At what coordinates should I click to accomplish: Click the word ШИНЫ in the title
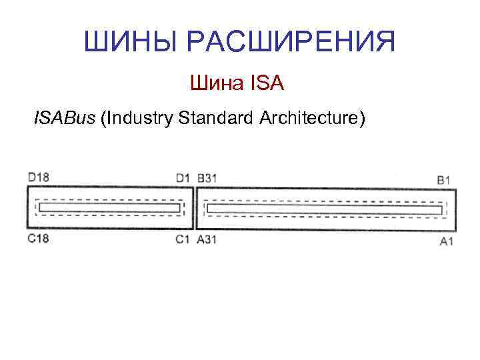pyautogui.click(x=131, y=41)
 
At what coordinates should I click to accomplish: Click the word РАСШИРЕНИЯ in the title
pyautogui.click(x=291, y=41)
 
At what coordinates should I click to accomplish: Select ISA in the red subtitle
pyautogui.click(x=267, y=85)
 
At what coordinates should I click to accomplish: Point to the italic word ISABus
pyautogui.click(x=64, y=119)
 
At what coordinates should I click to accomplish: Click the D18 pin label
pyautogui.click(x=39, y=177)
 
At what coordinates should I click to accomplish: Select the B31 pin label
pyautogui.click(x=207, y=178)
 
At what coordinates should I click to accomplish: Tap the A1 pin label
pyautogui.click(x=446, y=241)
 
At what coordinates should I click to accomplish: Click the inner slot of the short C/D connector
pyautogui.click(x=109, y=208)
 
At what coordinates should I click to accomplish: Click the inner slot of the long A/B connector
pyautogui.click(x=325, y=209)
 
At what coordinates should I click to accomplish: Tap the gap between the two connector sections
pyautogui.click(x=195, y=209)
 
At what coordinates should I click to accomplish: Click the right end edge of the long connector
pyautogui.click(x=456, y=210)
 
